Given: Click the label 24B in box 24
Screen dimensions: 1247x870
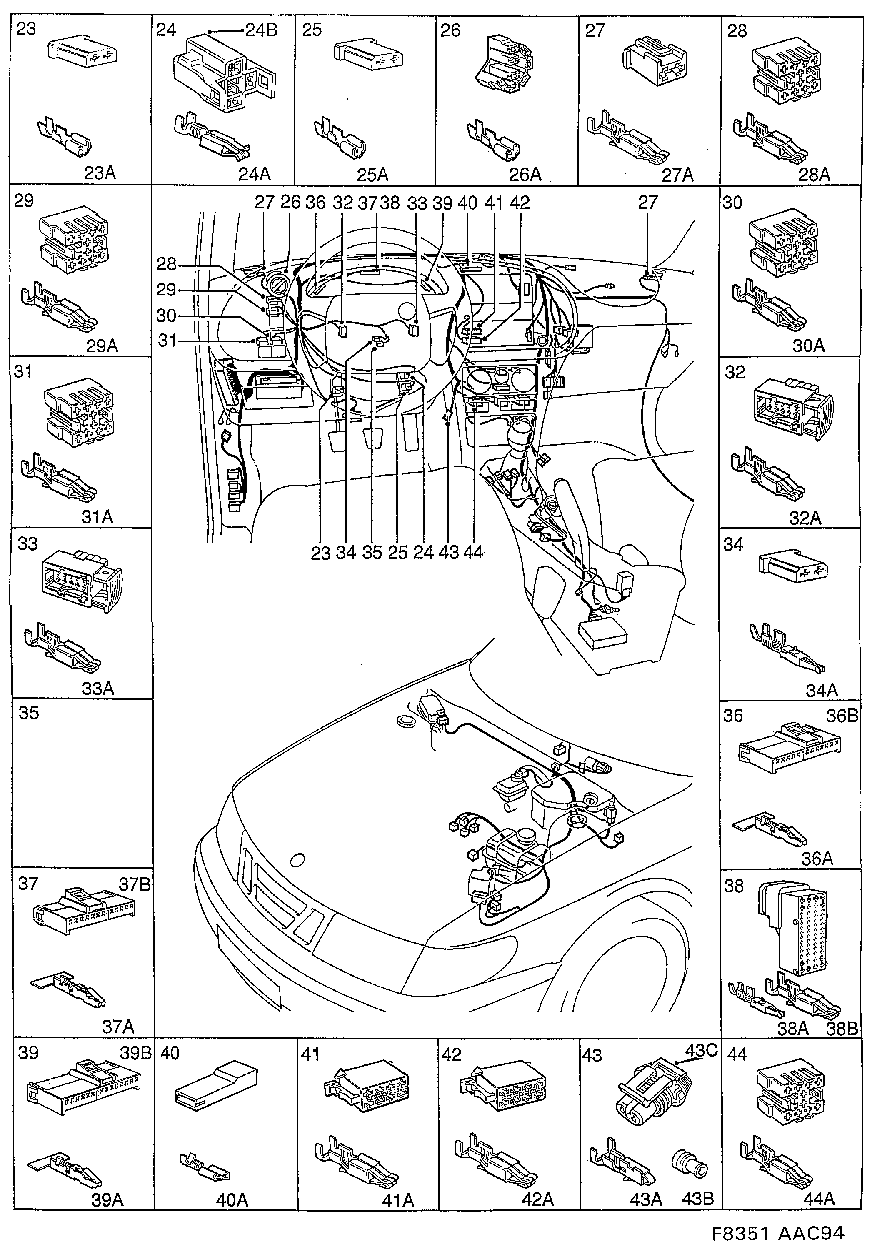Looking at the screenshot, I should point(261,30).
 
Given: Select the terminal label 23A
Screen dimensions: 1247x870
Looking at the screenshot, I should point(100,173).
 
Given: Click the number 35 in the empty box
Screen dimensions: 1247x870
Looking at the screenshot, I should point(29,713).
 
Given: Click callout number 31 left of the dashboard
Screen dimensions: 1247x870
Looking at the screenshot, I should point(167,341).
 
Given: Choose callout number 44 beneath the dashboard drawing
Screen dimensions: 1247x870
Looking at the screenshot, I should point(474,552).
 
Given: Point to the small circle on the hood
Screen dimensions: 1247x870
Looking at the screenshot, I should point(297,859).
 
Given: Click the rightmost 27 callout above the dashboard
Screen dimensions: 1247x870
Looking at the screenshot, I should point(648,203).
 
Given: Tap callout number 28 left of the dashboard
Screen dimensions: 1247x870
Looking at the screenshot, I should point(167,264).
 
